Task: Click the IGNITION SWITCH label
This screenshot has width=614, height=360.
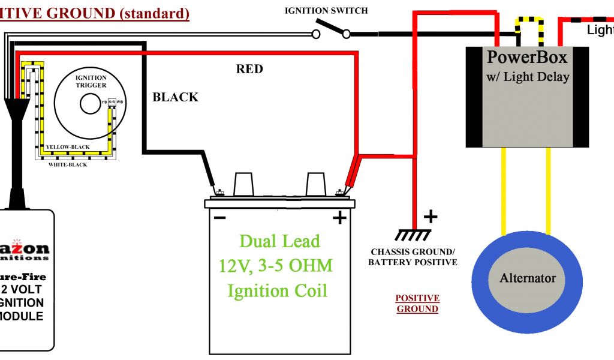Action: (326, 11)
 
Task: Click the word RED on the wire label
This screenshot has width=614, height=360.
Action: (249, 69)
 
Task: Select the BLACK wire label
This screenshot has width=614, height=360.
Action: (175, 97)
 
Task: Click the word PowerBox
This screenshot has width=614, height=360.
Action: (527, 58)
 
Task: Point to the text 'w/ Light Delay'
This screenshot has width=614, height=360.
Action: (528, 77)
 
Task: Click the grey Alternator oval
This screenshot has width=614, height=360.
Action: (527, 278)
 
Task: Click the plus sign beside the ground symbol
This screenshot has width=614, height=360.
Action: (431, 216)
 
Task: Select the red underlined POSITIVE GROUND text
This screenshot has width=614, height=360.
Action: (417, 304)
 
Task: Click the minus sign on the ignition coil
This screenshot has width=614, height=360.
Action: (219, 217)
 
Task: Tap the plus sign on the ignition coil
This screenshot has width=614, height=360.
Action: (339, 218)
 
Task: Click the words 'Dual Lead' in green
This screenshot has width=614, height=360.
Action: (279, 241)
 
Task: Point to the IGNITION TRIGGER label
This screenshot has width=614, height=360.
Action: (91, 82)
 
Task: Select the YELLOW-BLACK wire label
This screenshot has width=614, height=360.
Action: (68, 147)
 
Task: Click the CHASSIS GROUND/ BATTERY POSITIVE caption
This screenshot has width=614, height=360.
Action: (413, 257)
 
